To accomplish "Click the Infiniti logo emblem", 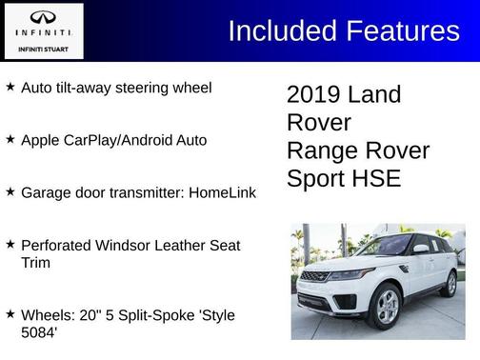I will pyautogui.click(x=43, y=17).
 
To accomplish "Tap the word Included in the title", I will pyautogui.click(x=275, y=30).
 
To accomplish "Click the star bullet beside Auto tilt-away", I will pyautogui.click(x=10, y=87).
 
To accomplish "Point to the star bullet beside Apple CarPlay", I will pyautogui.click(x=10, y=139).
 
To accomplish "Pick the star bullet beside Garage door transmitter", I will pyautogui.click(x=10, y=191).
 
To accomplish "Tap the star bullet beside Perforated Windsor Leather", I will pyautogui.click(x=10, y=244).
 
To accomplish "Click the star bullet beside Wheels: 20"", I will pyautogui.click(x=10, y=313).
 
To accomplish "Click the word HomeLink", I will pyautogui.click(x=222, y=192).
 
